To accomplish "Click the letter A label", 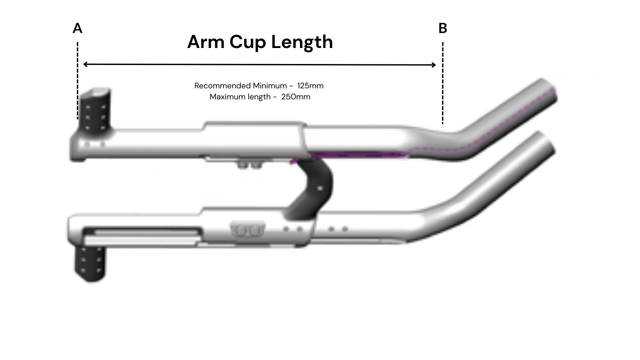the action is point(77,29).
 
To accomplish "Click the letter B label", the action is point(443,29).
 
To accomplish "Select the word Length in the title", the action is point(302,42).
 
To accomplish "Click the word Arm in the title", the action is point(206,42).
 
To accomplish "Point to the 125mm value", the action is point(310,86).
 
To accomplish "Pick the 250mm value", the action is point(296,97).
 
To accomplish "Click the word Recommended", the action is point(222,86).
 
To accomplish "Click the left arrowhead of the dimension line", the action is point(85,64).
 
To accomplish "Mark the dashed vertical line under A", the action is point(78,80).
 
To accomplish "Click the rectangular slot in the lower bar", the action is point(142,232).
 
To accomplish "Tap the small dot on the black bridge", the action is point(320,188).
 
